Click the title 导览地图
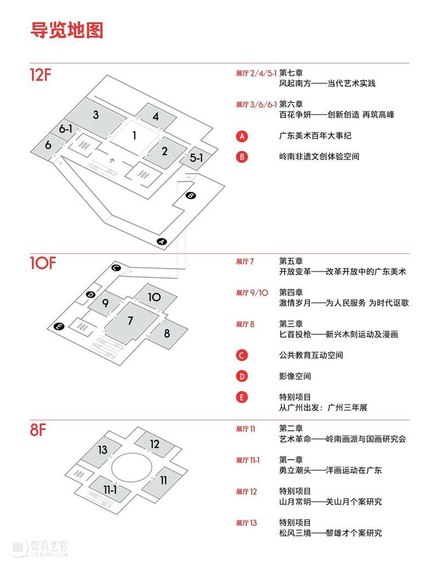67,30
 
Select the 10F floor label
43,264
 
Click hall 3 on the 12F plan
95,115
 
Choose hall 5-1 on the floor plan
196,158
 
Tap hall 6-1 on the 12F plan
66,129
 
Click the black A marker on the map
161,241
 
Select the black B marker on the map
190,195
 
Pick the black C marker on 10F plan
116,268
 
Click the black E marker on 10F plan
59,327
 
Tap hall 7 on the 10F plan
130,321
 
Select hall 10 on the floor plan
154,298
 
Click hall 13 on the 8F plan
102,450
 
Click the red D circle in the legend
242,376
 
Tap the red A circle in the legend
242,136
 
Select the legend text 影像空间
295,376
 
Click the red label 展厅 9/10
252,293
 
